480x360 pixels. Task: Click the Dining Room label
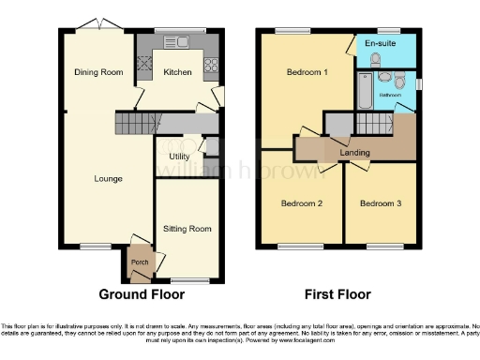pyautogui.click(x=97, y=72)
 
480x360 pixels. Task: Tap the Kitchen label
pyautogui.click(x=177, y=72)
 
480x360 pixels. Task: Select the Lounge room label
pyautogui.click(x=108, y=178)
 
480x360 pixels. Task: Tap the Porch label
pyautogui.click(x=140, y=262)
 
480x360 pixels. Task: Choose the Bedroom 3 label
pyautogui.click(x=380, y=203)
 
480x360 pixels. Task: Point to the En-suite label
pyautogui.click(x=379, y=44)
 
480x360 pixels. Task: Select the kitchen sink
pyautogui.click(x=174, y=42)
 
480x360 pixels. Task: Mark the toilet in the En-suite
pyautogui.click(x=374, y=58)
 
